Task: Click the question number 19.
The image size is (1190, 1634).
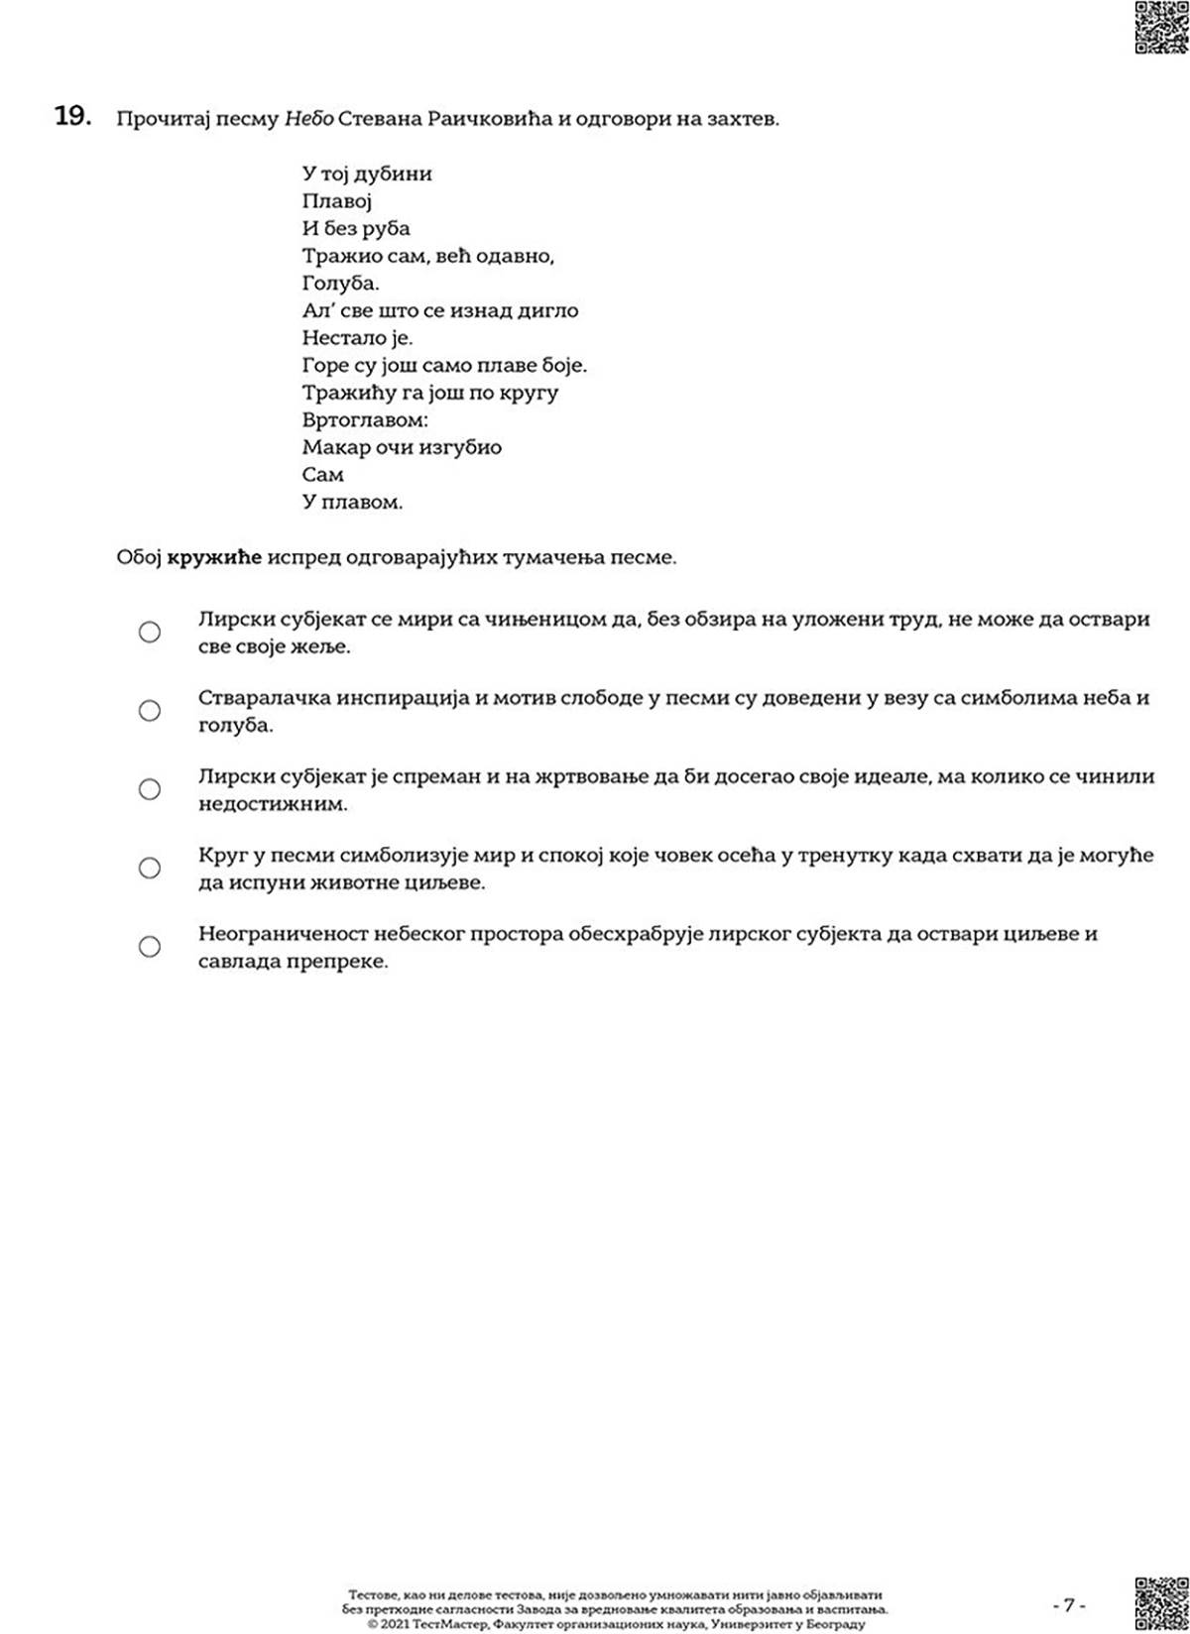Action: click(72, 117)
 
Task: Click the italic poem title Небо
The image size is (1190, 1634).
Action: click(308, 119)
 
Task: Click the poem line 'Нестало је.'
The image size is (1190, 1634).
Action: click(357, 337)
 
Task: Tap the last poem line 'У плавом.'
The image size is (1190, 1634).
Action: click(352, 502)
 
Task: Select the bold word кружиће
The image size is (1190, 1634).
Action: click(214, 557)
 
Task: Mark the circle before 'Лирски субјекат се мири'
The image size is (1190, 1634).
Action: click(150, 632)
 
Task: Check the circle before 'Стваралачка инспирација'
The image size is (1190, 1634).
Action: click(150, 710)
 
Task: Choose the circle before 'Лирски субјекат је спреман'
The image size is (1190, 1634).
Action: click(150, 789)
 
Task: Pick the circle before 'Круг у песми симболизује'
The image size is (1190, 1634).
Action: click(150, 868)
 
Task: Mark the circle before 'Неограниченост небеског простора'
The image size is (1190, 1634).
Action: click(150, 946)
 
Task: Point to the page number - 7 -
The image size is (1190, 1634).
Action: click(1069, 1604)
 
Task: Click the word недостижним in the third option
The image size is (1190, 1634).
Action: click(273, 804)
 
